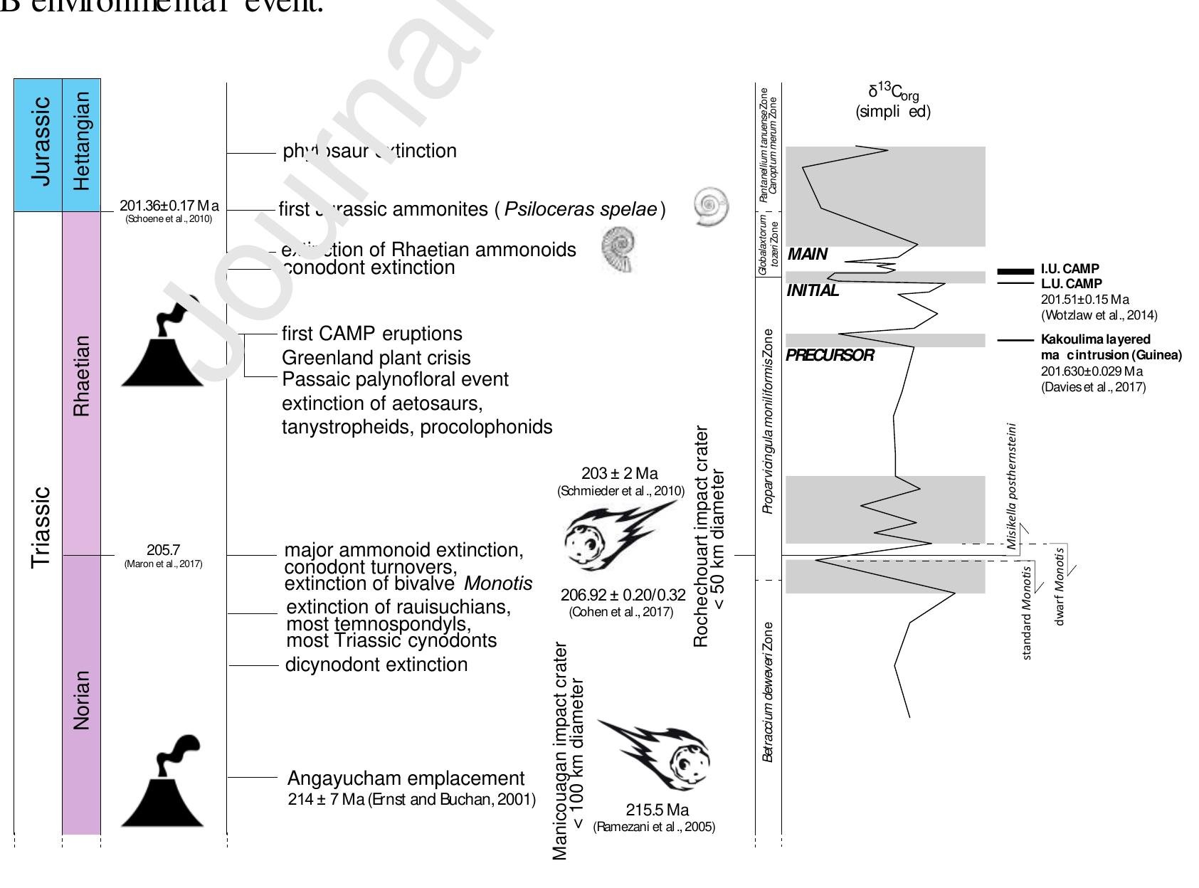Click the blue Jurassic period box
38,145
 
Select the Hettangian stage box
82,145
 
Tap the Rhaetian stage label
82,376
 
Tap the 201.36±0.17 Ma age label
169,206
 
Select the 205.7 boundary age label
164,550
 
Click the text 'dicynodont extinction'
376,665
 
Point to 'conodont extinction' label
369,268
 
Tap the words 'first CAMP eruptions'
371,334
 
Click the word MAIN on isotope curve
808,255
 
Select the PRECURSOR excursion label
830,355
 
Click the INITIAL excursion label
813,290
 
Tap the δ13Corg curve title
892,101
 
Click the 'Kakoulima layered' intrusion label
1095,339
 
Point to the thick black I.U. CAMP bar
1015,271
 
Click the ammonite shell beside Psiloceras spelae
710,207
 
